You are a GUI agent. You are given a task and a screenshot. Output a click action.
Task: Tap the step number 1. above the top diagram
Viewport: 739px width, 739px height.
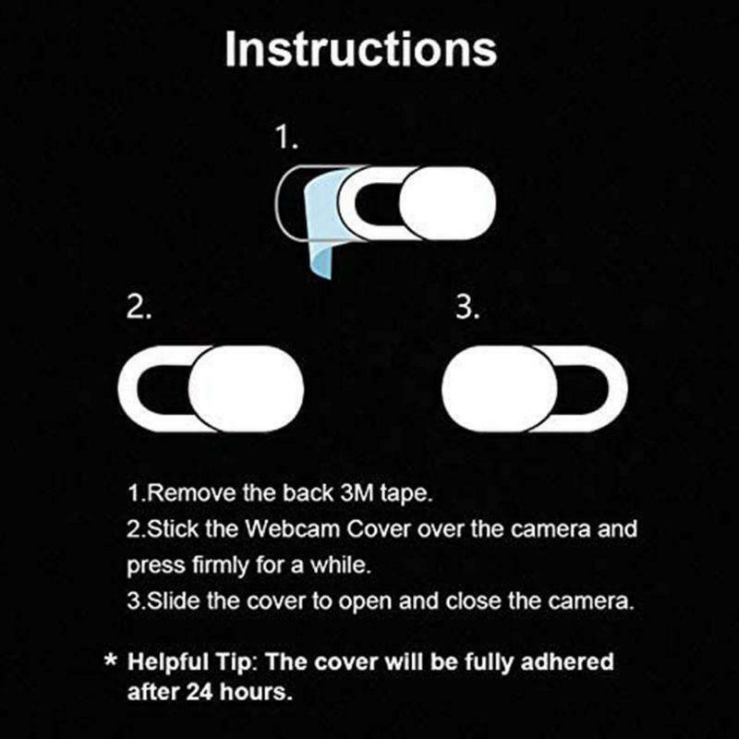point(287,139)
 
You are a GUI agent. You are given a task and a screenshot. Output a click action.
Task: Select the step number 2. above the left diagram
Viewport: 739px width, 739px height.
point(139,308)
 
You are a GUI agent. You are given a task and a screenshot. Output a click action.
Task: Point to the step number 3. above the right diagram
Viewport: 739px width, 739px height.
point(468,308)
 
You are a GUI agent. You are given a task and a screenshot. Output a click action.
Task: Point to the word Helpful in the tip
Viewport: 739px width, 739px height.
point(169,662)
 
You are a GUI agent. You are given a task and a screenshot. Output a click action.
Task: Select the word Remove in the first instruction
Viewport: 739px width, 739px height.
point(181,493)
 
